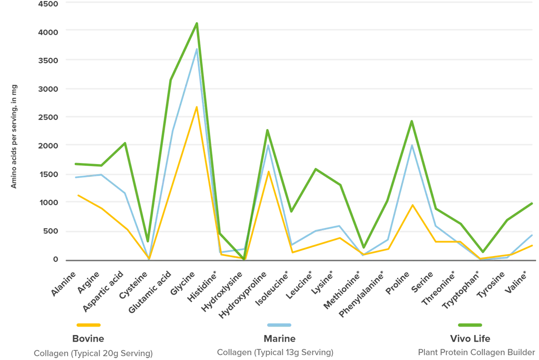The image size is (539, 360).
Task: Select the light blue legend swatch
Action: click(279, 323)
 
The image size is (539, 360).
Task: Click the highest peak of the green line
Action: click(197, 22)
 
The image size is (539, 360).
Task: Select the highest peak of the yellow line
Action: click(197, 106)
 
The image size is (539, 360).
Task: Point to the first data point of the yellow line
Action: click(77, 194)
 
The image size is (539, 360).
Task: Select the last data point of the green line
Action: click(533, 203)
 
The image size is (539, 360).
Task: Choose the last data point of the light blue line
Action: click(533, 235)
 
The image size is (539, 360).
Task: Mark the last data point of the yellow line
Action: click(533, 245)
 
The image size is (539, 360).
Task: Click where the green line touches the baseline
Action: click(245, 259)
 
